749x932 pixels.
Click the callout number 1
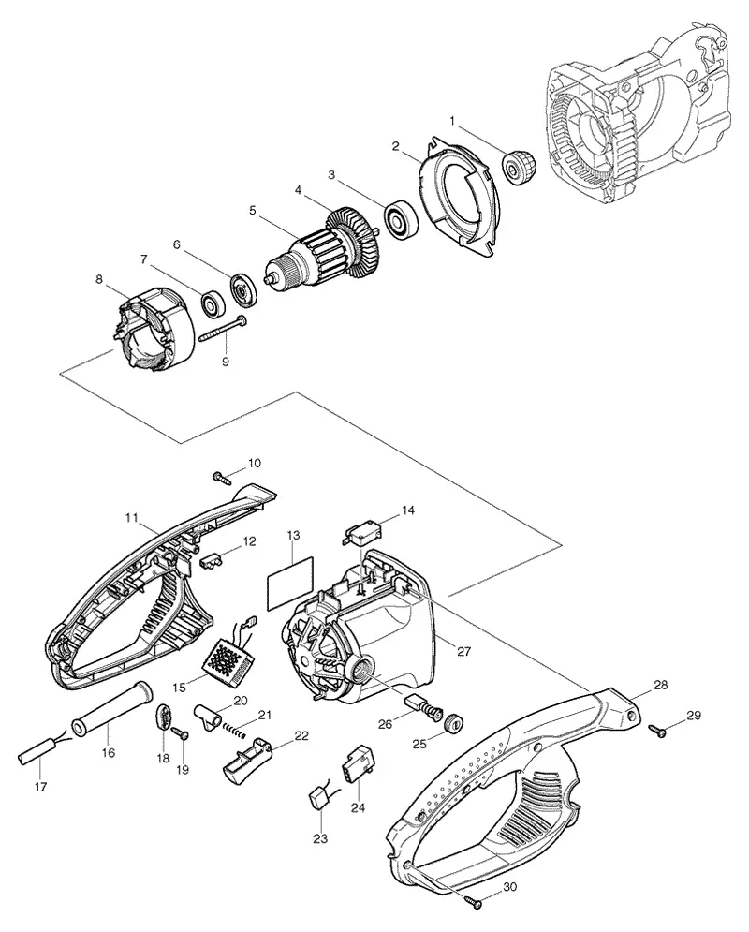(452, 121)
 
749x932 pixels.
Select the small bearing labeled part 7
(212, 303)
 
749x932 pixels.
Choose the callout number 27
(463, 651)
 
